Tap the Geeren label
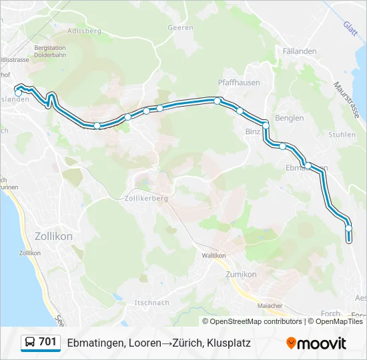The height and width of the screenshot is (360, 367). click(181, 28)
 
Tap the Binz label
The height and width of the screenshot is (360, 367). click(253, 132)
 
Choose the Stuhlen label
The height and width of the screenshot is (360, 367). click(342, 134)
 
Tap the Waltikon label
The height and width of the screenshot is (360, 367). click(214, 255)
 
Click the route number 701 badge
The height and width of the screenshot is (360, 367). click(47, 343)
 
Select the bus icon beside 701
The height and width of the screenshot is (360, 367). click(31, 343)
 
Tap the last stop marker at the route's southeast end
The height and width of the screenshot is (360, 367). click(348, 229)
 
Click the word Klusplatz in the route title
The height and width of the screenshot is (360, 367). click(228, 343)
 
